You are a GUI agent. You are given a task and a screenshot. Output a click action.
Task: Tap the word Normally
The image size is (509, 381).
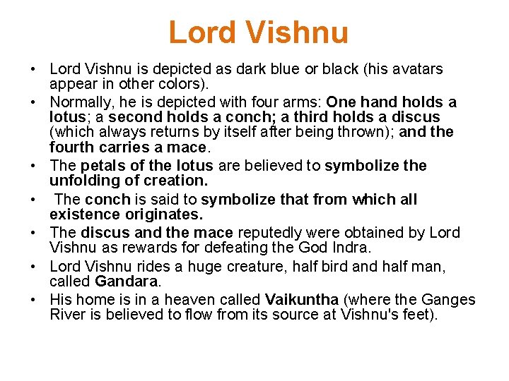click(83, 103)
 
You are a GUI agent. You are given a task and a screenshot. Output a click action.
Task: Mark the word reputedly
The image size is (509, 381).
click(268, 233)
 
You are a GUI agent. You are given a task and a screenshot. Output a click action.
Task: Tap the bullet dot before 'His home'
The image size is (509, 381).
click(34, 300)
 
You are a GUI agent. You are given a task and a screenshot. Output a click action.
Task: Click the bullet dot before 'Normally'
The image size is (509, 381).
click(34, 103)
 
